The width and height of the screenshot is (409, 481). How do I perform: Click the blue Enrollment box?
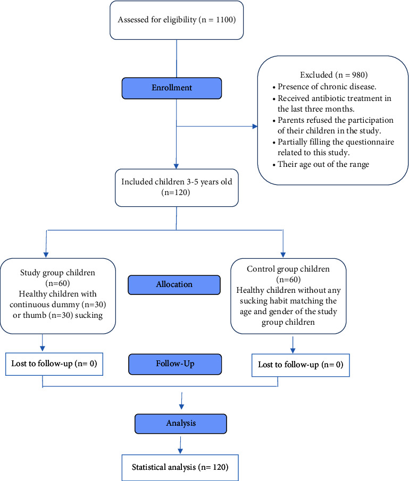click(172, 88)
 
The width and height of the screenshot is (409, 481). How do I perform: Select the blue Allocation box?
click(174, 285)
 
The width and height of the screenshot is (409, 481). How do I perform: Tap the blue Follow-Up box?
click(175, 364)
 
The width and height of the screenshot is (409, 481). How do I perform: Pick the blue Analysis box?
click(181, 424)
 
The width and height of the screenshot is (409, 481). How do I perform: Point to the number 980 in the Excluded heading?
click(358, 75)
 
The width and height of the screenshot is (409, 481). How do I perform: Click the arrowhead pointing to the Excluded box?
click(255, 126)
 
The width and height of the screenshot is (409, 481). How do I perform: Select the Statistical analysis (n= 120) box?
click(180, 468)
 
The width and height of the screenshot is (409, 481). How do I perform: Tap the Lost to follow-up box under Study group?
click(54, 364)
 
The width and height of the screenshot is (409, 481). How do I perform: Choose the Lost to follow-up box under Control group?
click(301, 365)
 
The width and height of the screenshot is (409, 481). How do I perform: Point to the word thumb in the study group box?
click(34, 315)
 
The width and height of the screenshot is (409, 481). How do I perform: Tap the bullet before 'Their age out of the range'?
click(274, 165)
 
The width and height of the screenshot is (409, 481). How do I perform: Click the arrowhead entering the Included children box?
click(176, 166)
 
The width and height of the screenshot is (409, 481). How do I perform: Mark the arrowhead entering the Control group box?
click(283, 255)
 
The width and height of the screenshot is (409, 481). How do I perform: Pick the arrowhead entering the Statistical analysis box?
click(180, 451)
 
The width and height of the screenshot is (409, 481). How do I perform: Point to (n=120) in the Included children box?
click(176, 192)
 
